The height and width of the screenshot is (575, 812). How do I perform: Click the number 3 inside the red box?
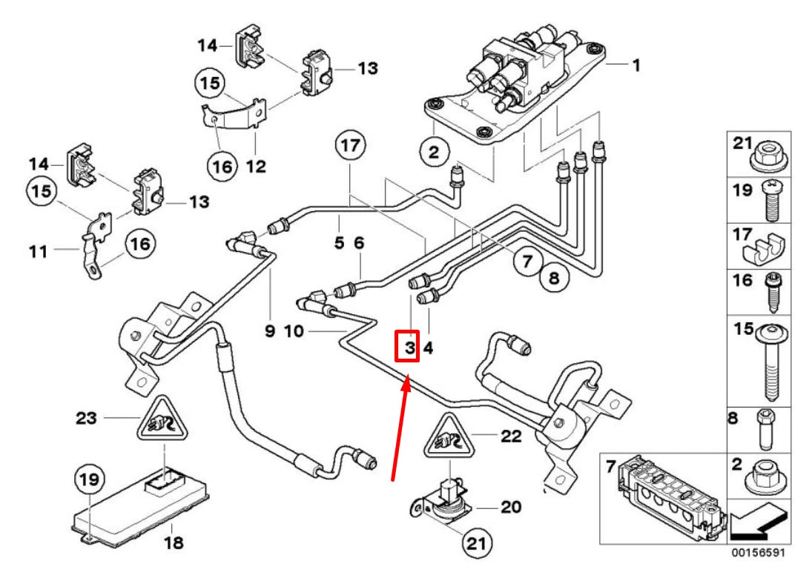coord(407,346)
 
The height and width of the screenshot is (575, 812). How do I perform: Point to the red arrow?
coord(400,426)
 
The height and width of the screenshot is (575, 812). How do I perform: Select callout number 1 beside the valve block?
coord(636,64)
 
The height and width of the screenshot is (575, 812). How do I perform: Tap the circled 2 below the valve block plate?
coord(433,153)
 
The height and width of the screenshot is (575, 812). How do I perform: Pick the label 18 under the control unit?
coord(173,543)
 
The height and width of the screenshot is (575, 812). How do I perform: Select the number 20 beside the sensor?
coord(511,508)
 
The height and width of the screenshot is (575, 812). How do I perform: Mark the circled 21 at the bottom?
coord(473,545)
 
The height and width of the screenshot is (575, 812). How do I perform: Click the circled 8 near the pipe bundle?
coord(555,279)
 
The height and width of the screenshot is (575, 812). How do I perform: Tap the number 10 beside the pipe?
coord(294,330)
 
